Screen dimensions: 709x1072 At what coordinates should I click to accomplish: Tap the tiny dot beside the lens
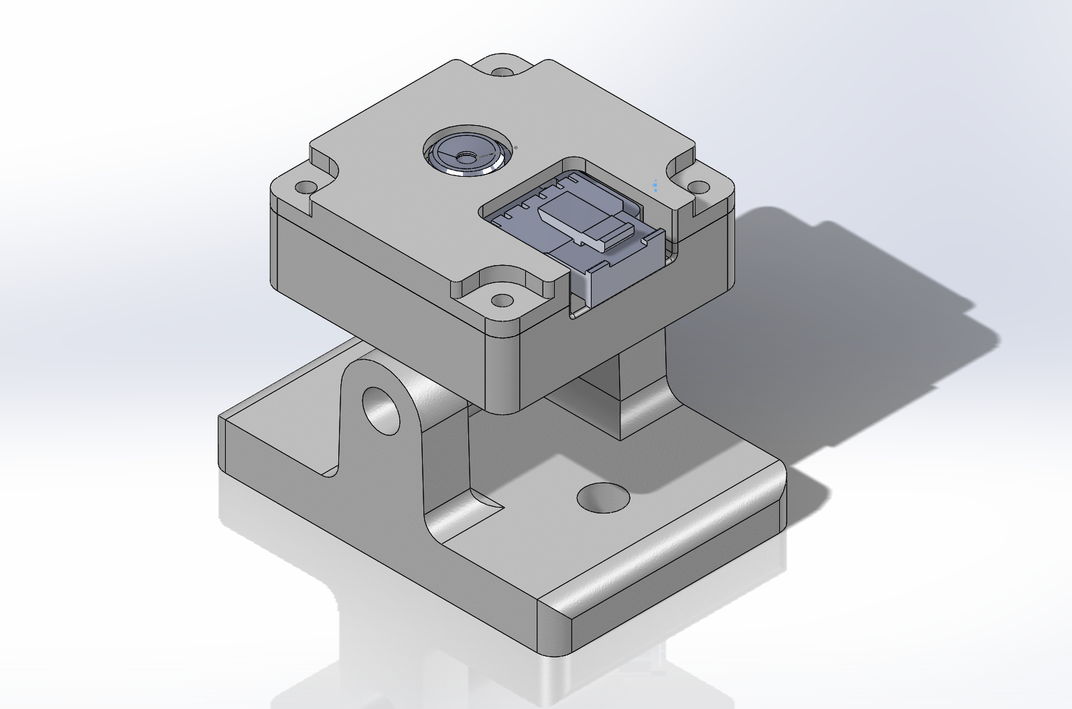pyautogui.click(x=516, y=147)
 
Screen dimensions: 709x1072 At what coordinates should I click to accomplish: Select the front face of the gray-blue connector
pyautogui.click(x=622, y=274)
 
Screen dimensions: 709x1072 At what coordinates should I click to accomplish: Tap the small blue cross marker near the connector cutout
pyautogui.click(x=655, y=185)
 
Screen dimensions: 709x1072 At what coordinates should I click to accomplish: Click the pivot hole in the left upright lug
pyautogui.click(x=381, y=409)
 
